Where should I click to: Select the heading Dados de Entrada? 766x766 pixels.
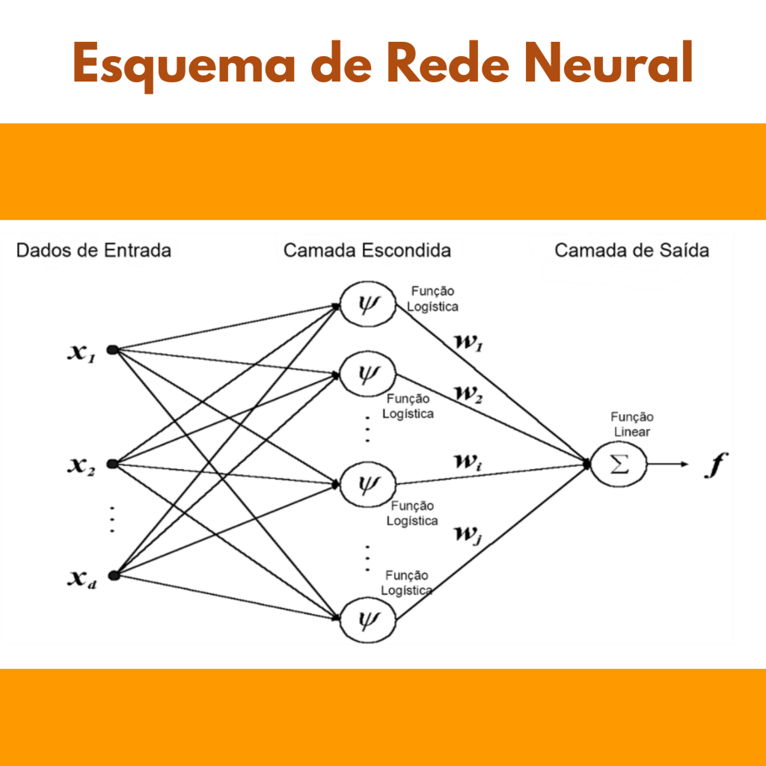click(x=94, y=251)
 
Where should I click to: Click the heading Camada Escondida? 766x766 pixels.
click(x=367, y=251)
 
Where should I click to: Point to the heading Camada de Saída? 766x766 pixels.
click(x=631, y=251)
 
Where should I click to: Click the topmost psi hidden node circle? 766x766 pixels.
click(x=367, y=305)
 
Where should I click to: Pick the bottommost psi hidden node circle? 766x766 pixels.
click(x=367, y=619)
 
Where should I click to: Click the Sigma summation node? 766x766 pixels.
click(x=619, y=465)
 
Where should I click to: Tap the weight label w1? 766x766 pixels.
click(x=469, y=342)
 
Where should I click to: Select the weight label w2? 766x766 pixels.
click(x=469, y=392)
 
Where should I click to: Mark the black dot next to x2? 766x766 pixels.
click(x=112, y=465)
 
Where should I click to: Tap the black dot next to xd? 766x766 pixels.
click(x=113, y=575)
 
